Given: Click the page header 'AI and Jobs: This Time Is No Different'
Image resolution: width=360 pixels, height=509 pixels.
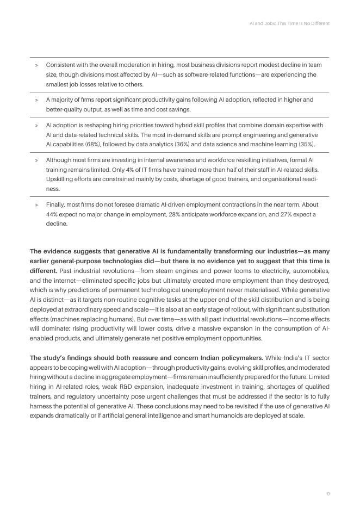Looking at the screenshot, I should tap(289, 23).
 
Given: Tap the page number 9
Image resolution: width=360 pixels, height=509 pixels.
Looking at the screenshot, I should tap(328, 493).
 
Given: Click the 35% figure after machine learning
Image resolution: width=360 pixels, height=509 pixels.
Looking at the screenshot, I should tap(306, 145).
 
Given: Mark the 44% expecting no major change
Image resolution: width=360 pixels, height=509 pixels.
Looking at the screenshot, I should tap(53, 214).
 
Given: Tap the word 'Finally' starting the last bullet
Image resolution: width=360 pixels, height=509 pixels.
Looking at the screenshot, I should tap(57, 204).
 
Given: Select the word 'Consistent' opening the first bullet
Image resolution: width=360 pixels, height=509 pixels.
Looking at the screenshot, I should tap(61, 65).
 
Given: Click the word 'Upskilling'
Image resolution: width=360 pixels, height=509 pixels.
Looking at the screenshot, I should tap(60, 179).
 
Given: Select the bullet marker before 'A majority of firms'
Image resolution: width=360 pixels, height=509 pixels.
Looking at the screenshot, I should tap(36, 100).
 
